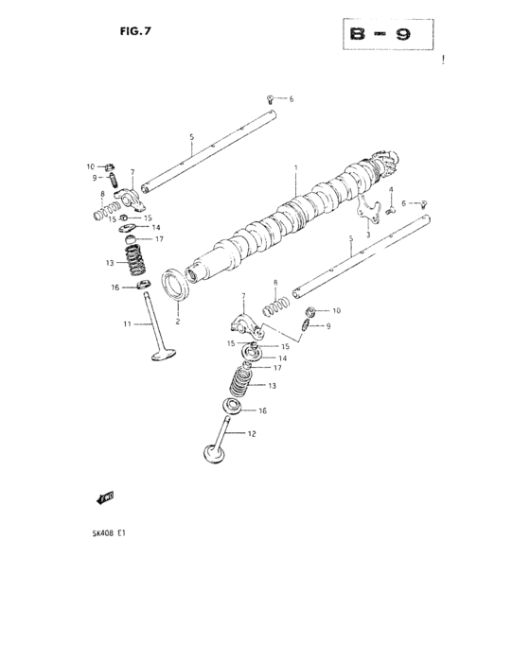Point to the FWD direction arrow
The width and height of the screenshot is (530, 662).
105,496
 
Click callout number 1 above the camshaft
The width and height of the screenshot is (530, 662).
295,168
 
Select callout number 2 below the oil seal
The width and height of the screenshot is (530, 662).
177,321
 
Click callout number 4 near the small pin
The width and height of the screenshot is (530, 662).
391,189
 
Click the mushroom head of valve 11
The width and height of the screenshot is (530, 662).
160,357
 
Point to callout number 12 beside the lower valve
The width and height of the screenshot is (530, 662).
252,434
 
